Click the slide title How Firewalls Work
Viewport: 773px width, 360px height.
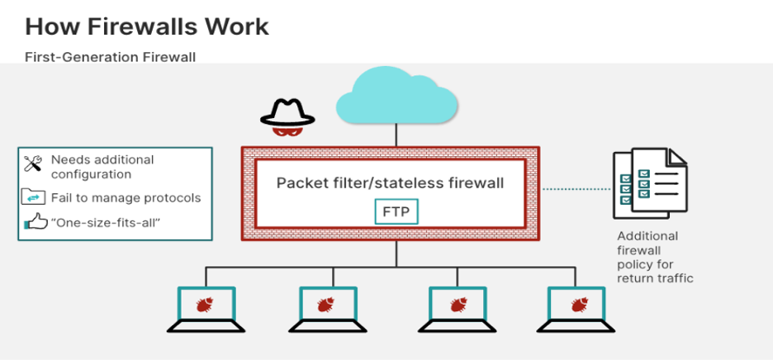tap(146, 26)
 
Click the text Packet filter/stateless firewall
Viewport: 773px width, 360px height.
tap(390, 182)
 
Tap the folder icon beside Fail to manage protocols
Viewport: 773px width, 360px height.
tap(33, 197)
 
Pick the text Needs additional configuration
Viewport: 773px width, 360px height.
tap(102, 167)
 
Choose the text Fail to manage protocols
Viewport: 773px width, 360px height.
tap(126, 198)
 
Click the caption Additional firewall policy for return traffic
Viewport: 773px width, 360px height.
tap(654, 257)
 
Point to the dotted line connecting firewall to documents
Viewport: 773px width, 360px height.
tap(576, 189)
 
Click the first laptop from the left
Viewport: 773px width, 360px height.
tap(206, 308)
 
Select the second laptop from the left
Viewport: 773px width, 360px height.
tap(326, 308)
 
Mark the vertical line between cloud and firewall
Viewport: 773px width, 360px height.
tap(398, 135)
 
